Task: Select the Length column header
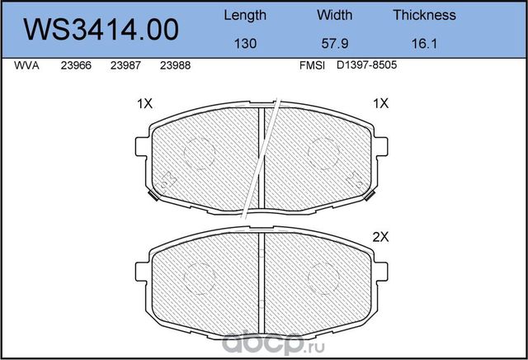tap(245, 15)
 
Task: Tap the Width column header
tap(334, 15)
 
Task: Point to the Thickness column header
tap(424, 15)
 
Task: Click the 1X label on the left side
tap(144, 105)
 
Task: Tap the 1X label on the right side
tap(379, 105)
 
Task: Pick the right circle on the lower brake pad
tap(323, 277)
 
